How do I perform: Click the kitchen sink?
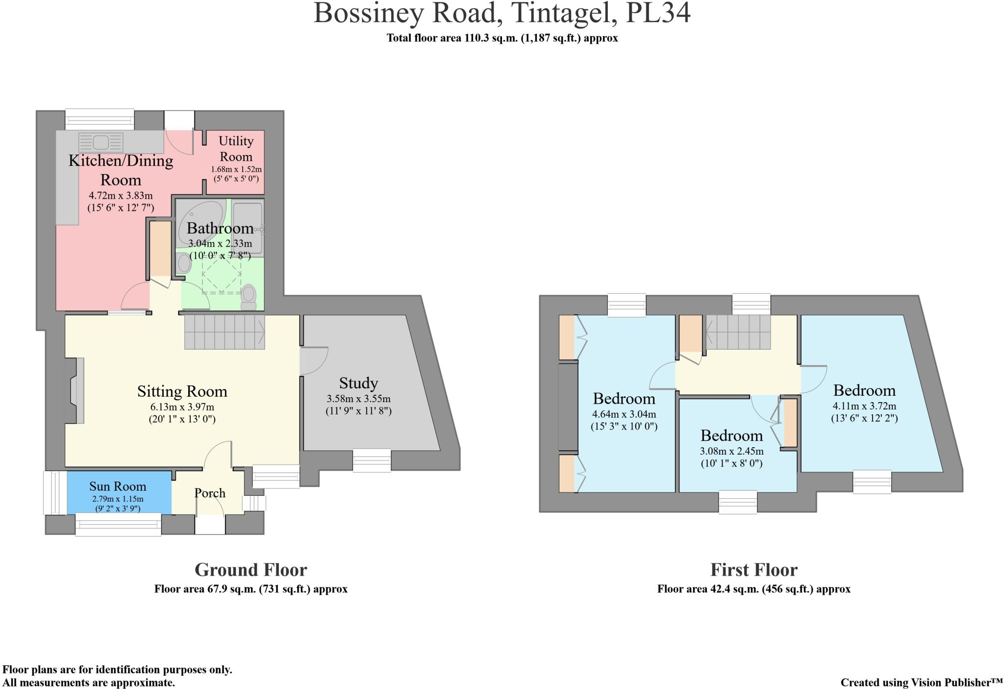100,143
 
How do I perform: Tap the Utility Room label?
236,149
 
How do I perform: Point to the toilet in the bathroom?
249,297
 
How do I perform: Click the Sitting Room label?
182,391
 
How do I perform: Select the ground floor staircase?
225,332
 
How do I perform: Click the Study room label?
358,383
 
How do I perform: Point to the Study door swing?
314,361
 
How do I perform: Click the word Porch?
210,493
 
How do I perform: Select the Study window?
372,461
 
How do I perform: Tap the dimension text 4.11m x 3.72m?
864,406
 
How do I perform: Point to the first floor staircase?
738,332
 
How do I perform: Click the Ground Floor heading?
251,570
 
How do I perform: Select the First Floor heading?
754,570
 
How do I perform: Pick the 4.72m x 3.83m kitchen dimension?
121,196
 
